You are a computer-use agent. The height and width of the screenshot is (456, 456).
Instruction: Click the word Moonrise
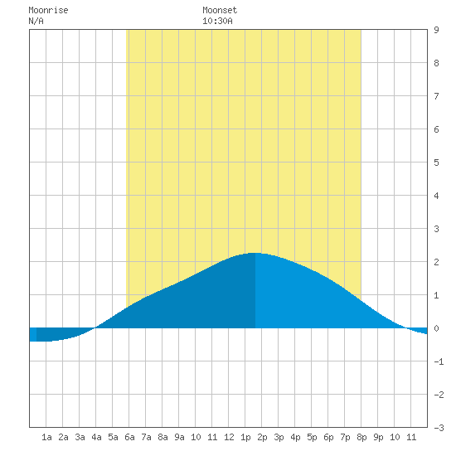point(48,10)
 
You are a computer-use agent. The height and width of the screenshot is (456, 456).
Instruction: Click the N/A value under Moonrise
point(36,21)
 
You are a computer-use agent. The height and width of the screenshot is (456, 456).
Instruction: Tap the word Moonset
point(220,10)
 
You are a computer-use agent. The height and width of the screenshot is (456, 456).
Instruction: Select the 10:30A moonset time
point(217,21)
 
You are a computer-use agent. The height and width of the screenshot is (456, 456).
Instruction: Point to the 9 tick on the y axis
point(436,30)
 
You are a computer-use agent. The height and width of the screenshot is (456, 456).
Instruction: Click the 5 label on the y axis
point(436,163)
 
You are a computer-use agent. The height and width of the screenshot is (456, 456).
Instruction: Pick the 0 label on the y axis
point(436,328)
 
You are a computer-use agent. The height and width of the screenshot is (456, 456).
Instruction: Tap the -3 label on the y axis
point(439,428)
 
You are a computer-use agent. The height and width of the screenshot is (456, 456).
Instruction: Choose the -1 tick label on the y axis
point(439,361)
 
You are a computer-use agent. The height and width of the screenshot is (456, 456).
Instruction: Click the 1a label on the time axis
point(46,437)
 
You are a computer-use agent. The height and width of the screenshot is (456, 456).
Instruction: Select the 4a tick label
point(96,437)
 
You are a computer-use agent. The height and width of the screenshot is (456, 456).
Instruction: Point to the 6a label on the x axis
point(129,437)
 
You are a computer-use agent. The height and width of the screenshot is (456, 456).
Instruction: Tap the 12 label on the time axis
point(229,437)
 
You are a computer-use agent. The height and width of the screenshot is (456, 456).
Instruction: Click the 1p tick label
point(245,437)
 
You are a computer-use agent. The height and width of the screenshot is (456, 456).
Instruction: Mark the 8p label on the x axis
point(361,437)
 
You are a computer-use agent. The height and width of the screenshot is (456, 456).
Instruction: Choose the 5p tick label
point(312,437)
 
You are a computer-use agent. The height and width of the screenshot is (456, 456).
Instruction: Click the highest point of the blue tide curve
point(255,253)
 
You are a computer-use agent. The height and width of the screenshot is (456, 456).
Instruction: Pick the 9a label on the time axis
point(179,437)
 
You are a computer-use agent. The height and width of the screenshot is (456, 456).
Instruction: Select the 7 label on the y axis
point(436,96)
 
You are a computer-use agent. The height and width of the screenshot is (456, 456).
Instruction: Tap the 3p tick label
point(279,437)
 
